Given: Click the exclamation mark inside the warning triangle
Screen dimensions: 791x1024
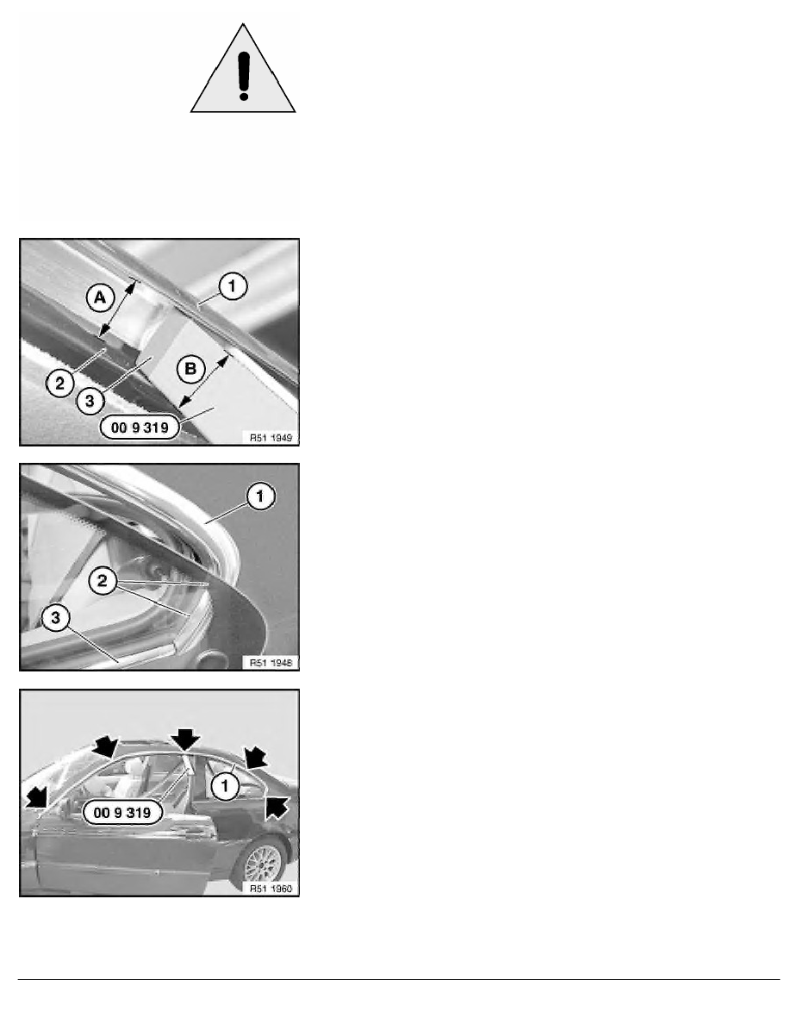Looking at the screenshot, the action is click(244, 76).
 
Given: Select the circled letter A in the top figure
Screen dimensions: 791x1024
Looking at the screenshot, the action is click(100, 298).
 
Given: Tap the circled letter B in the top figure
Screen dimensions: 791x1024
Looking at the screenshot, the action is click(190, 369).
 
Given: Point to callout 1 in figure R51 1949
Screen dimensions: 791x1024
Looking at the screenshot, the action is click(233, 285).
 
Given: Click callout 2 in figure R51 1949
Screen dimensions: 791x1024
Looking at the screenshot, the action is click(60, 383).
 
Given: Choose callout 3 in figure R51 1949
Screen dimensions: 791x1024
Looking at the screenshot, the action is click(90, 401).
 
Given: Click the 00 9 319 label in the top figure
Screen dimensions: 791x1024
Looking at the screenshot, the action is click(140, 428).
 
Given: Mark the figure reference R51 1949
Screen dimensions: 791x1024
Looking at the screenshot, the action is click(271, 438).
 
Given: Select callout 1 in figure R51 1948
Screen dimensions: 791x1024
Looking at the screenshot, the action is click(260, 497).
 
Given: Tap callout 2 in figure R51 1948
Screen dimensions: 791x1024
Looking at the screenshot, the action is click(103, 581).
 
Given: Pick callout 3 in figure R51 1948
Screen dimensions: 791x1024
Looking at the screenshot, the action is click(56, 617).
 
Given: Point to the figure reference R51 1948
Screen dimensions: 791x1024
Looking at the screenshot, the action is click(271, 663).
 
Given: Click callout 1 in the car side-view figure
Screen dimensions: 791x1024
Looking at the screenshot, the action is click(225, 785).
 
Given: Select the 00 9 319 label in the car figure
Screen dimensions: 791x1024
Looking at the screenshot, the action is click(122, 813).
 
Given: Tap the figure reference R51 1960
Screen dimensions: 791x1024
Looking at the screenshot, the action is click(271, 889).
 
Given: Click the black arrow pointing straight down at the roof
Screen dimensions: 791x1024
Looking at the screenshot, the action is click(186, 740).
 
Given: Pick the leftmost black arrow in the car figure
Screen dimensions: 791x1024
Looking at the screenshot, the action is click(37, 797).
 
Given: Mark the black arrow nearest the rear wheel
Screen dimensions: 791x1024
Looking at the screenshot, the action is click(277, 806).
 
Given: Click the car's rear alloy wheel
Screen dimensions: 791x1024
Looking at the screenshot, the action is click(264, 861).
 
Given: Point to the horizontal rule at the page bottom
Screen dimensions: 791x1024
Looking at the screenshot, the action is click(399, 979).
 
